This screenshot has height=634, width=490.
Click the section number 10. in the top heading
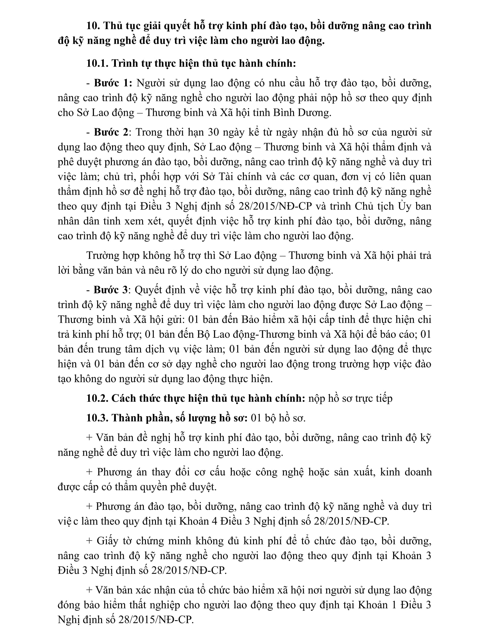93,26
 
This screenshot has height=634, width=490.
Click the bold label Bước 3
111,290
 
